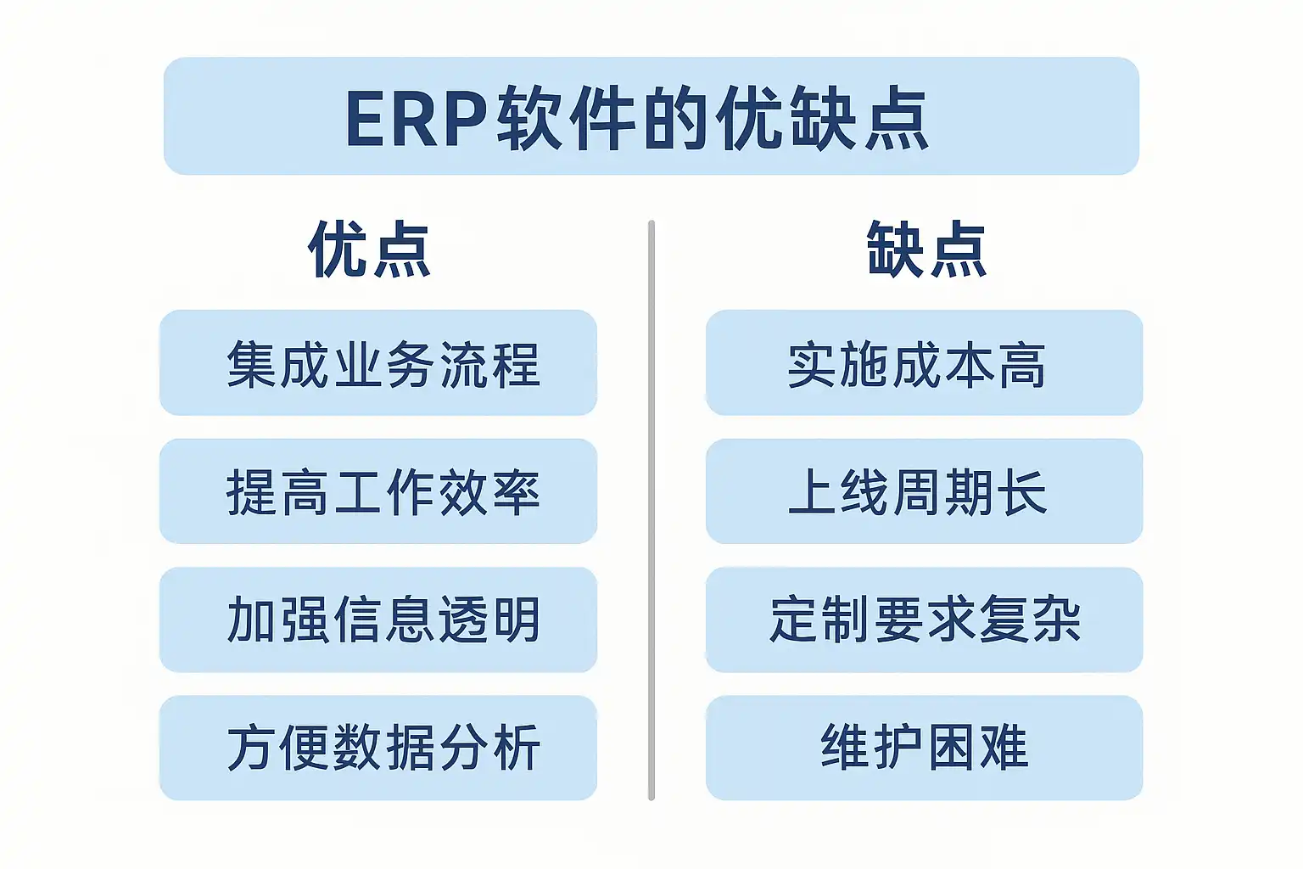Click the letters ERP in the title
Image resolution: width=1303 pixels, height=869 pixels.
417,119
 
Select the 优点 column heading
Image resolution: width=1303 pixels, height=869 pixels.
370,249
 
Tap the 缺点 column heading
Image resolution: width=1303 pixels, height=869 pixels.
926,249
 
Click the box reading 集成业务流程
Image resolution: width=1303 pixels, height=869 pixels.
378,362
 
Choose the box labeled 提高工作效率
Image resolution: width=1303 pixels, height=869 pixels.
378,491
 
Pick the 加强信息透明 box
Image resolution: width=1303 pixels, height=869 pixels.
378,620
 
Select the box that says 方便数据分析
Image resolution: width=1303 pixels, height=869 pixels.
378,748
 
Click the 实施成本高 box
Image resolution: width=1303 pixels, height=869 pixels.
925,362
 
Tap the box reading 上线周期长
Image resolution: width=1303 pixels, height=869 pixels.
925,491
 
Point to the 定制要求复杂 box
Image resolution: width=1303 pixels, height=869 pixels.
925,620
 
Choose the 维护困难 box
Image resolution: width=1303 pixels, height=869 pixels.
925,748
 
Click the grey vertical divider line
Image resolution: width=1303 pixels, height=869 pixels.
651,511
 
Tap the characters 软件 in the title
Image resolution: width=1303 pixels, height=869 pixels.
566,118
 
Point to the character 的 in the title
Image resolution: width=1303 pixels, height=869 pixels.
675,118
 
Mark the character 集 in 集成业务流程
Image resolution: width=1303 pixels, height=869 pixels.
251,364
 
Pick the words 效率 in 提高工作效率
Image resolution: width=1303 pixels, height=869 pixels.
489,492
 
